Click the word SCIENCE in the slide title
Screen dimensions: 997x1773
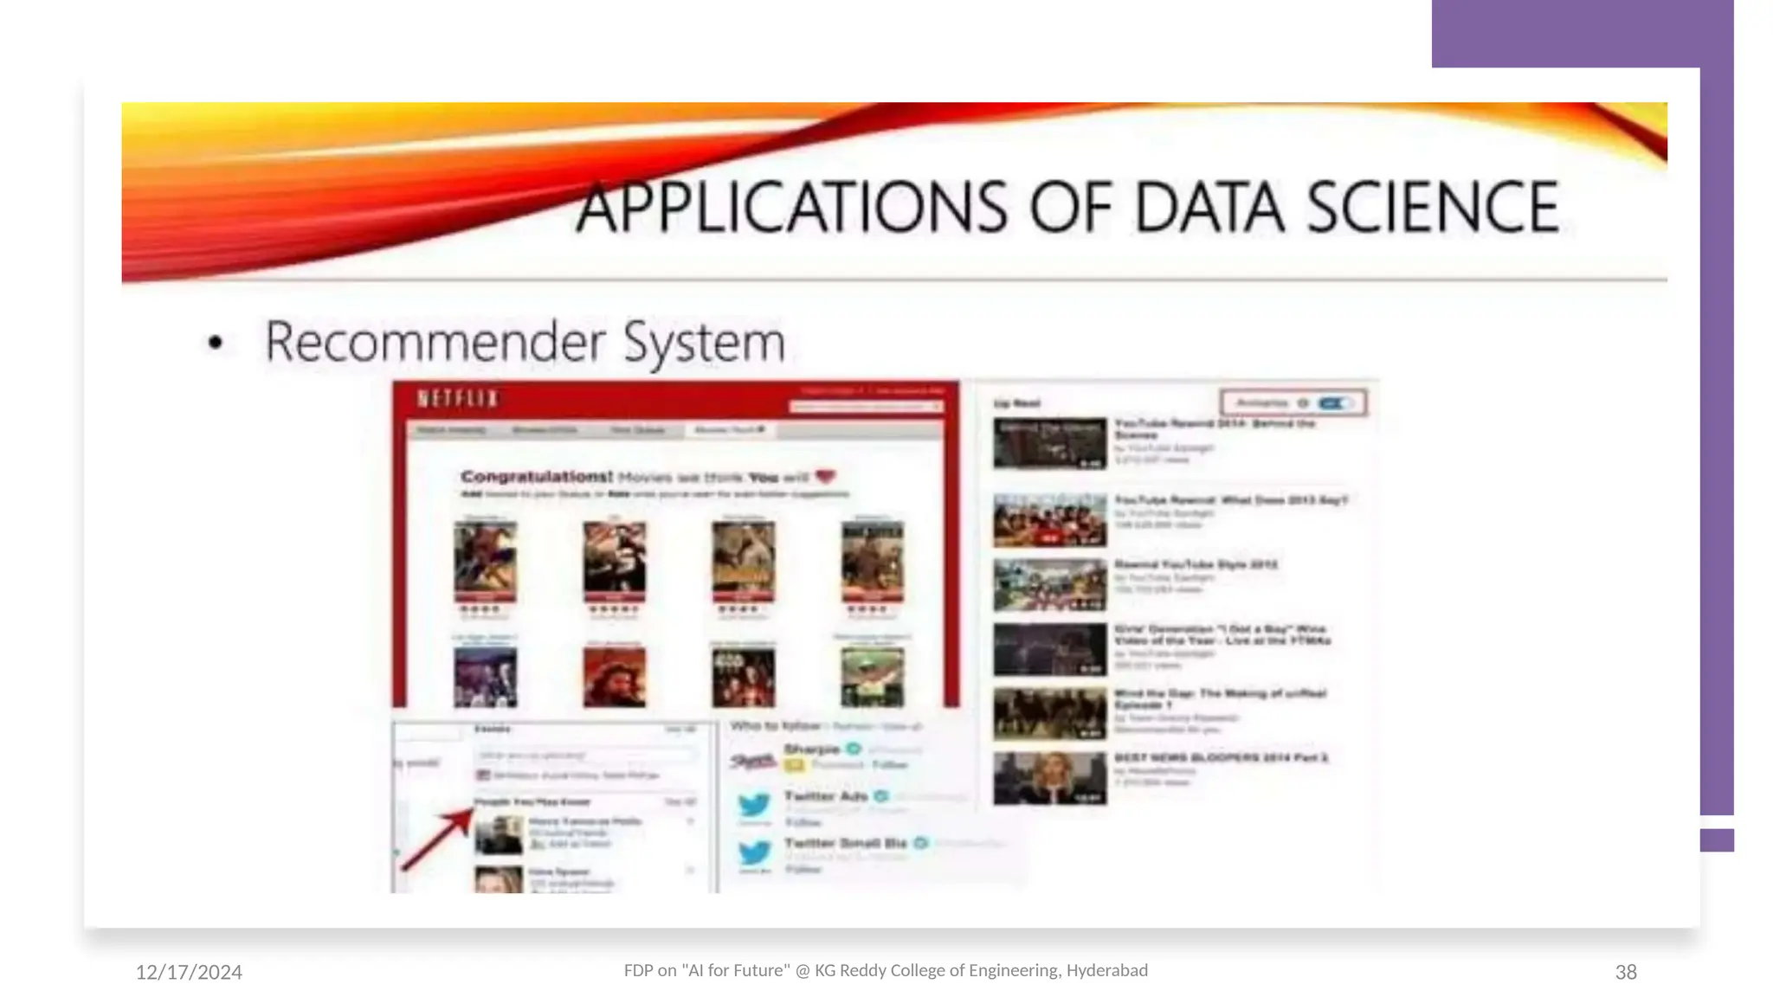click(x=1432, y=208)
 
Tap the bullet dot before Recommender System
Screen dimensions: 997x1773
click(x=216, y=343)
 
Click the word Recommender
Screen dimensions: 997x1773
click(x=435, y=341)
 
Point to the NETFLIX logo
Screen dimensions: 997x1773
click(x=458, y=399)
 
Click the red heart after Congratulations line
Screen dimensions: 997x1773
click(x=825, y=476)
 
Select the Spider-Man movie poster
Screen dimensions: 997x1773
click(x=485, y=559)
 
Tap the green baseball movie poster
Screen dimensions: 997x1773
click(x=872, y=678)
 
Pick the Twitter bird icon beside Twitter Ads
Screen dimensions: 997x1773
click(x=754, y=805)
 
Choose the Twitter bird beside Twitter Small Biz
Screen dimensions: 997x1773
click(x=754, y=852)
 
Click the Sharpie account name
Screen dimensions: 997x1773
click(x=811, y=749)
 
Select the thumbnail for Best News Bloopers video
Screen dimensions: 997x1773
click(x=1049, y=777)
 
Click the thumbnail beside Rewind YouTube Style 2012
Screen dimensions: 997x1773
click(x=1049, y=584)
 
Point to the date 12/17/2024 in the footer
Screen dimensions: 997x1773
click(x=189, y=973)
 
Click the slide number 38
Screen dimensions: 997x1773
click(x=1625, y=973)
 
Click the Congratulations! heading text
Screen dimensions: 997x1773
click(x=536, y=477)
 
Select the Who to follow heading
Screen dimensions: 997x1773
click(x=775, y=725)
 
